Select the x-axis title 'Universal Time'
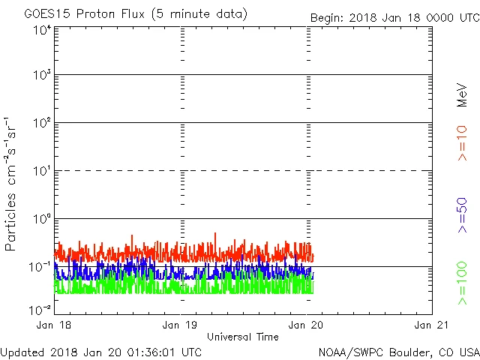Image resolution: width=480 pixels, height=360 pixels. pyautogui.click(x=242, y=337)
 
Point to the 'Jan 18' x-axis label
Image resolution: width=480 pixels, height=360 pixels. pyautogui.click(x=55, y=325)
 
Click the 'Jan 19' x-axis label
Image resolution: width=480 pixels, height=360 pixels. pyautogui.click(x=181, y=325)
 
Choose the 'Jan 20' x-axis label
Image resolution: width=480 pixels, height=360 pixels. pyautogui.click(x=307, y=325)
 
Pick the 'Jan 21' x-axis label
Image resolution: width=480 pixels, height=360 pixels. pyautogui.click(x=432, y=325)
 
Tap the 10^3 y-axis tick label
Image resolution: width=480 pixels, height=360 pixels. pyautogui.click(x=40, y=76)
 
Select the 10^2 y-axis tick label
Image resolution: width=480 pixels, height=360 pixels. pyautogui.click(x=40, y=123)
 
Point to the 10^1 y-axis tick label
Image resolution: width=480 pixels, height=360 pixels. pyautogui.click(x=40, y=171)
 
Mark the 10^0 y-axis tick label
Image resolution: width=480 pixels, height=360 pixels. pyautogui.click(x=40, y=219)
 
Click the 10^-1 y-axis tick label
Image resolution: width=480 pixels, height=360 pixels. pyautogui.click(x=39, y=267)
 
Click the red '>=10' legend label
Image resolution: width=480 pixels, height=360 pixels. pyautogui.click(x=462, y=142)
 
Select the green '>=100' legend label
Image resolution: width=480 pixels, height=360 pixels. pyautogui.click(x=462, y=283)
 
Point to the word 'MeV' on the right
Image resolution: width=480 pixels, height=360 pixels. pyautogui.click(x=462, y=94)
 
